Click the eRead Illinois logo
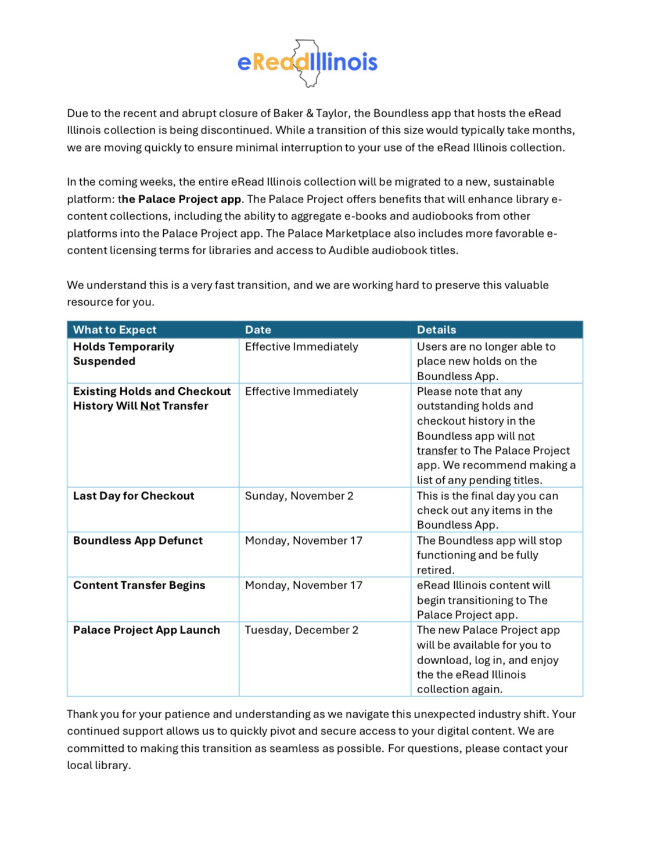click(x=307, y=63)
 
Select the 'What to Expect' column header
click(x=115, y=330)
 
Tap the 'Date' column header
click(x=258, y=330)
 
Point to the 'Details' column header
click(x=436, y=330)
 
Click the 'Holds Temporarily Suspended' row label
click(x=123, y=354)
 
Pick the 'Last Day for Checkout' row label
click(x=134, y=496)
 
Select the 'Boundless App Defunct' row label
click(x=138, y=540)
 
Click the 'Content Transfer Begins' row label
click(x=139, y=585)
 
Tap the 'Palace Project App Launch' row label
click(x=146, y=630)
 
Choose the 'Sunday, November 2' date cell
click(x=299, y=496)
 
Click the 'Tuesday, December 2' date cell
click(x=301, y=630)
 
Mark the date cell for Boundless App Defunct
click(x=303, y=540)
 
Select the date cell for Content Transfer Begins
click(x=303, y=585)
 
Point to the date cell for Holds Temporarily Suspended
click(x=301, y=347)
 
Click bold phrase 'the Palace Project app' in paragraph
click(x=179, y=199)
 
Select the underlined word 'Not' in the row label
click(x=150, y=406)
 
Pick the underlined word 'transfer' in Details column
click(x=437, y=450)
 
